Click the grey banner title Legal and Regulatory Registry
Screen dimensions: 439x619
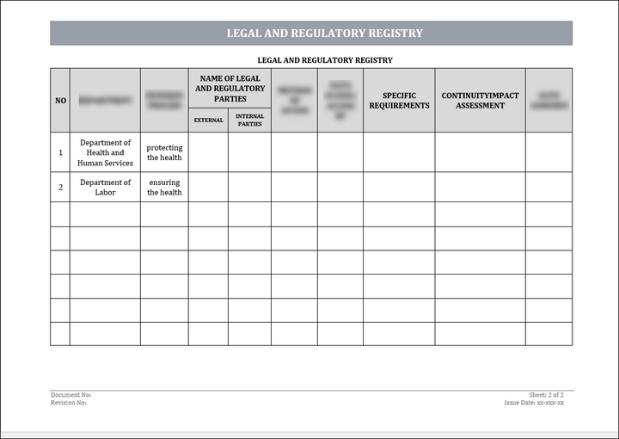click(x=324, y=34)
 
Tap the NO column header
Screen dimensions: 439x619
click(x=60, y=101)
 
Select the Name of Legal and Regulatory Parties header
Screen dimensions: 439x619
click(x=230, y=89)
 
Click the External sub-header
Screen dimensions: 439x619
click(x=208, y=121)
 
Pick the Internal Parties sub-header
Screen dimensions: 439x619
click(x=249, y=121)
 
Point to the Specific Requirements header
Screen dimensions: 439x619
click(x=399, y=101)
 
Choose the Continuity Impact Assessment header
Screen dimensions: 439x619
click(x=480, y=101)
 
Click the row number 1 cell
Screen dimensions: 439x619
click(x=60, y=152)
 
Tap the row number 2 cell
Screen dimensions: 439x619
click(x=60, y=187)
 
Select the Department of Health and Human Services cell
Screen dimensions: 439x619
click(x=105, y=152)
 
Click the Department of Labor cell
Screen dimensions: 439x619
click(x=105, y=187)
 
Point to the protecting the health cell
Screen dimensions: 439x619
click(x=164, y=152)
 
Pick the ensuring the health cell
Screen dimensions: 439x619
click(x=164, y=187)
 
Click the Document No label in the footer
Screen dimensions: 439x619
click(x=71, y=394)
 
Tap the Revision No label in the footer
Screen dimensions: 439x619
click(x=69, y=402)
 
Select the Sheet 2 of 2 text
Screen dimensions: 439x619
click(x=547, y=394)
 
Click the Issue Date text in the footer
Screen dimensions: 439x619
click(x=535, y=402)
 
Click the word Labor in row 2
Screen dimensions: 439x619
click(x=105, y=192)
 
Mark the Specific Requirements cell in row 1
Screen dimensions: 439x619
click(x=399, y=152)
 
